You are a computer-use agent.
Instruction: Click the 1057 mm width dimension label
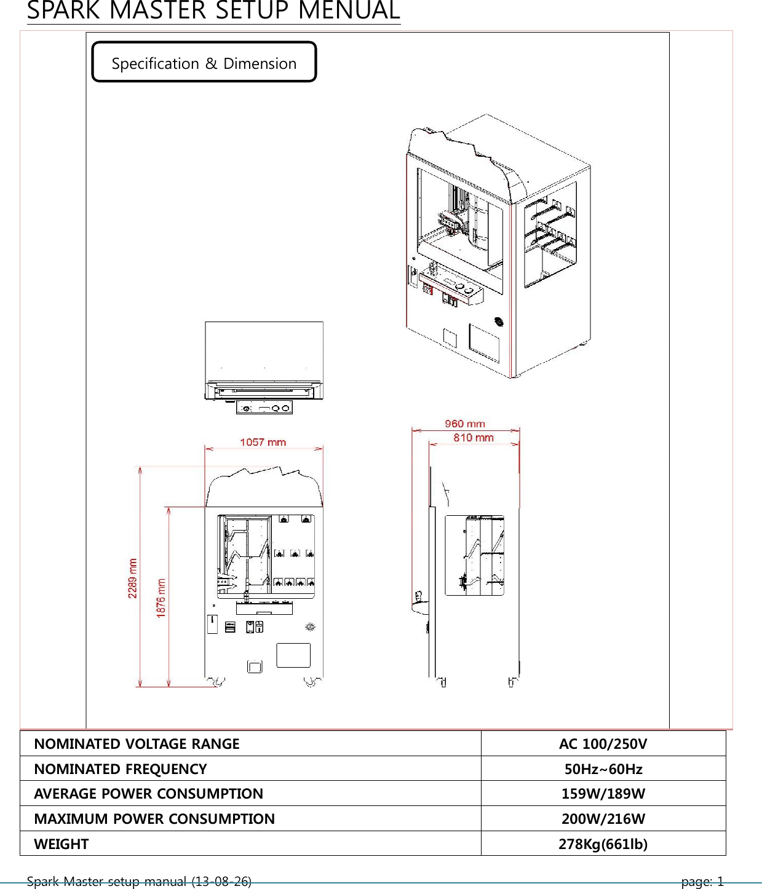pyautogui.click(x=263, y=442)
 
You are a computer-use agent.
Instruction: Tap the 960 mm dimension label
pyautogui.click(x=464, y=424)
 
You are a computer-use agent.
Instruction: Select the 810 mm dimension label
pyautogui.click(x=474, y=438)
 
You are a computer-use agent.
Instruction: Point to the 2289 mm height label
pyautogui.click(x=133, y=578)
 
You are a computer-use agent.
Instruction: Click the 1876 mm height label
pyautogui.click(x=161, y=598)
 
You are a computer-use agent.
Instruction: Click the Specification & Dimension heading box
pyautogui.click(x=204, y=63)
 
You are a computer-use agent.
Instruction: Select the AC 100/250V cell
pyautogui.click(x=603, y=744)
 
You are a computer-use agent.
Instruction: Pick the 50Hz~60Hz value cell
pyautogui.click(x=603, y=769)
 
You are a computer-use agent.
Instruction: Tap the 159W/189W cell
pyautogui.click(x=603, y=794)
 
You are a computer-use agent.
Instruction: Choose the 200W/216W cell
pyautogui.click(x=603, y=819)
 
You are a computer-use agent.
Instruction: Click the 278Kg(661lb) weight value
pyautogui.click(x=603, y=844)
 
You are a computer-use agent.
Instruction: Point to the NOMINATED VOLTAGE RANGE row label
pyautogui.click(x=137, y=744)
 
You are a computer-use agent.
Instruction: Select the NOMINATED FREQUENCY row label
pyautogui.click(x=121, y=769)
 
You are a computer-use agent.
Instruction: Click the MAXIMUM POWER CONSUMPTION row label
pyautogui.click(x=154, y=819)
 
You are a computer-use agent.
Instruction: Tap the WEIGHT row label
pyautogui.click(x=62, y=844)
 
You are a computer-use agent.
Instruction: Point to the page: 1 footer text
pyautogui.click(x=702, y=882)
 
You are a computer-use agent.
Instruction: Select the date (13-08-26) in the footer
pyautogui.click(x=221, y=882)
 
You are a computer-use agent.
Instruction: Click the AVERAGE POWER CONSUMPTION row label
pyautogui.click(x=148, y=794)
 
